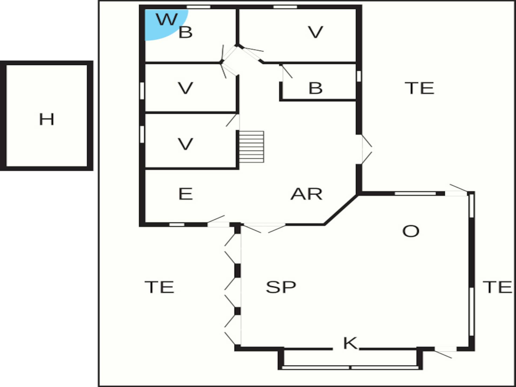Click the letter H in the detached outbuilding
point(46,119)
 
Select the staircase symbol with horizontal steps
point(252,147)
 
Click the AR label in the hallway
point(306,194)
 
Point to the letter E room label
point(185,194)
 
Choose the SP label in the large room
point(281,287)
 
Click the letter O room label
point(411,231)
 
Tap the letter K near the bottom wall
point(350,343)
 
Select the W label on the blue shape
point(167,19)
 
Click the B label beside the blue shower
point(185,32)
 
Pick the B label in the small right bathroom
point(316,88)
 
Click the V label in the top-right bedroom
point(316,32)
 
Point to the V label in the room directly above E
point(185,144)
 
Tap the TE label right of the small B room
point(419,88)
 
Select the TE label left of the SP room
point(159,287)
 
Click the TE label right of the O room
point(497,287)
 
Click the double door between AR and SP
point(265,227)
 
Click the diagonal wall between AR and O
point(341,210)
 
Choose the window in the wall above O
point(415,193)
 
